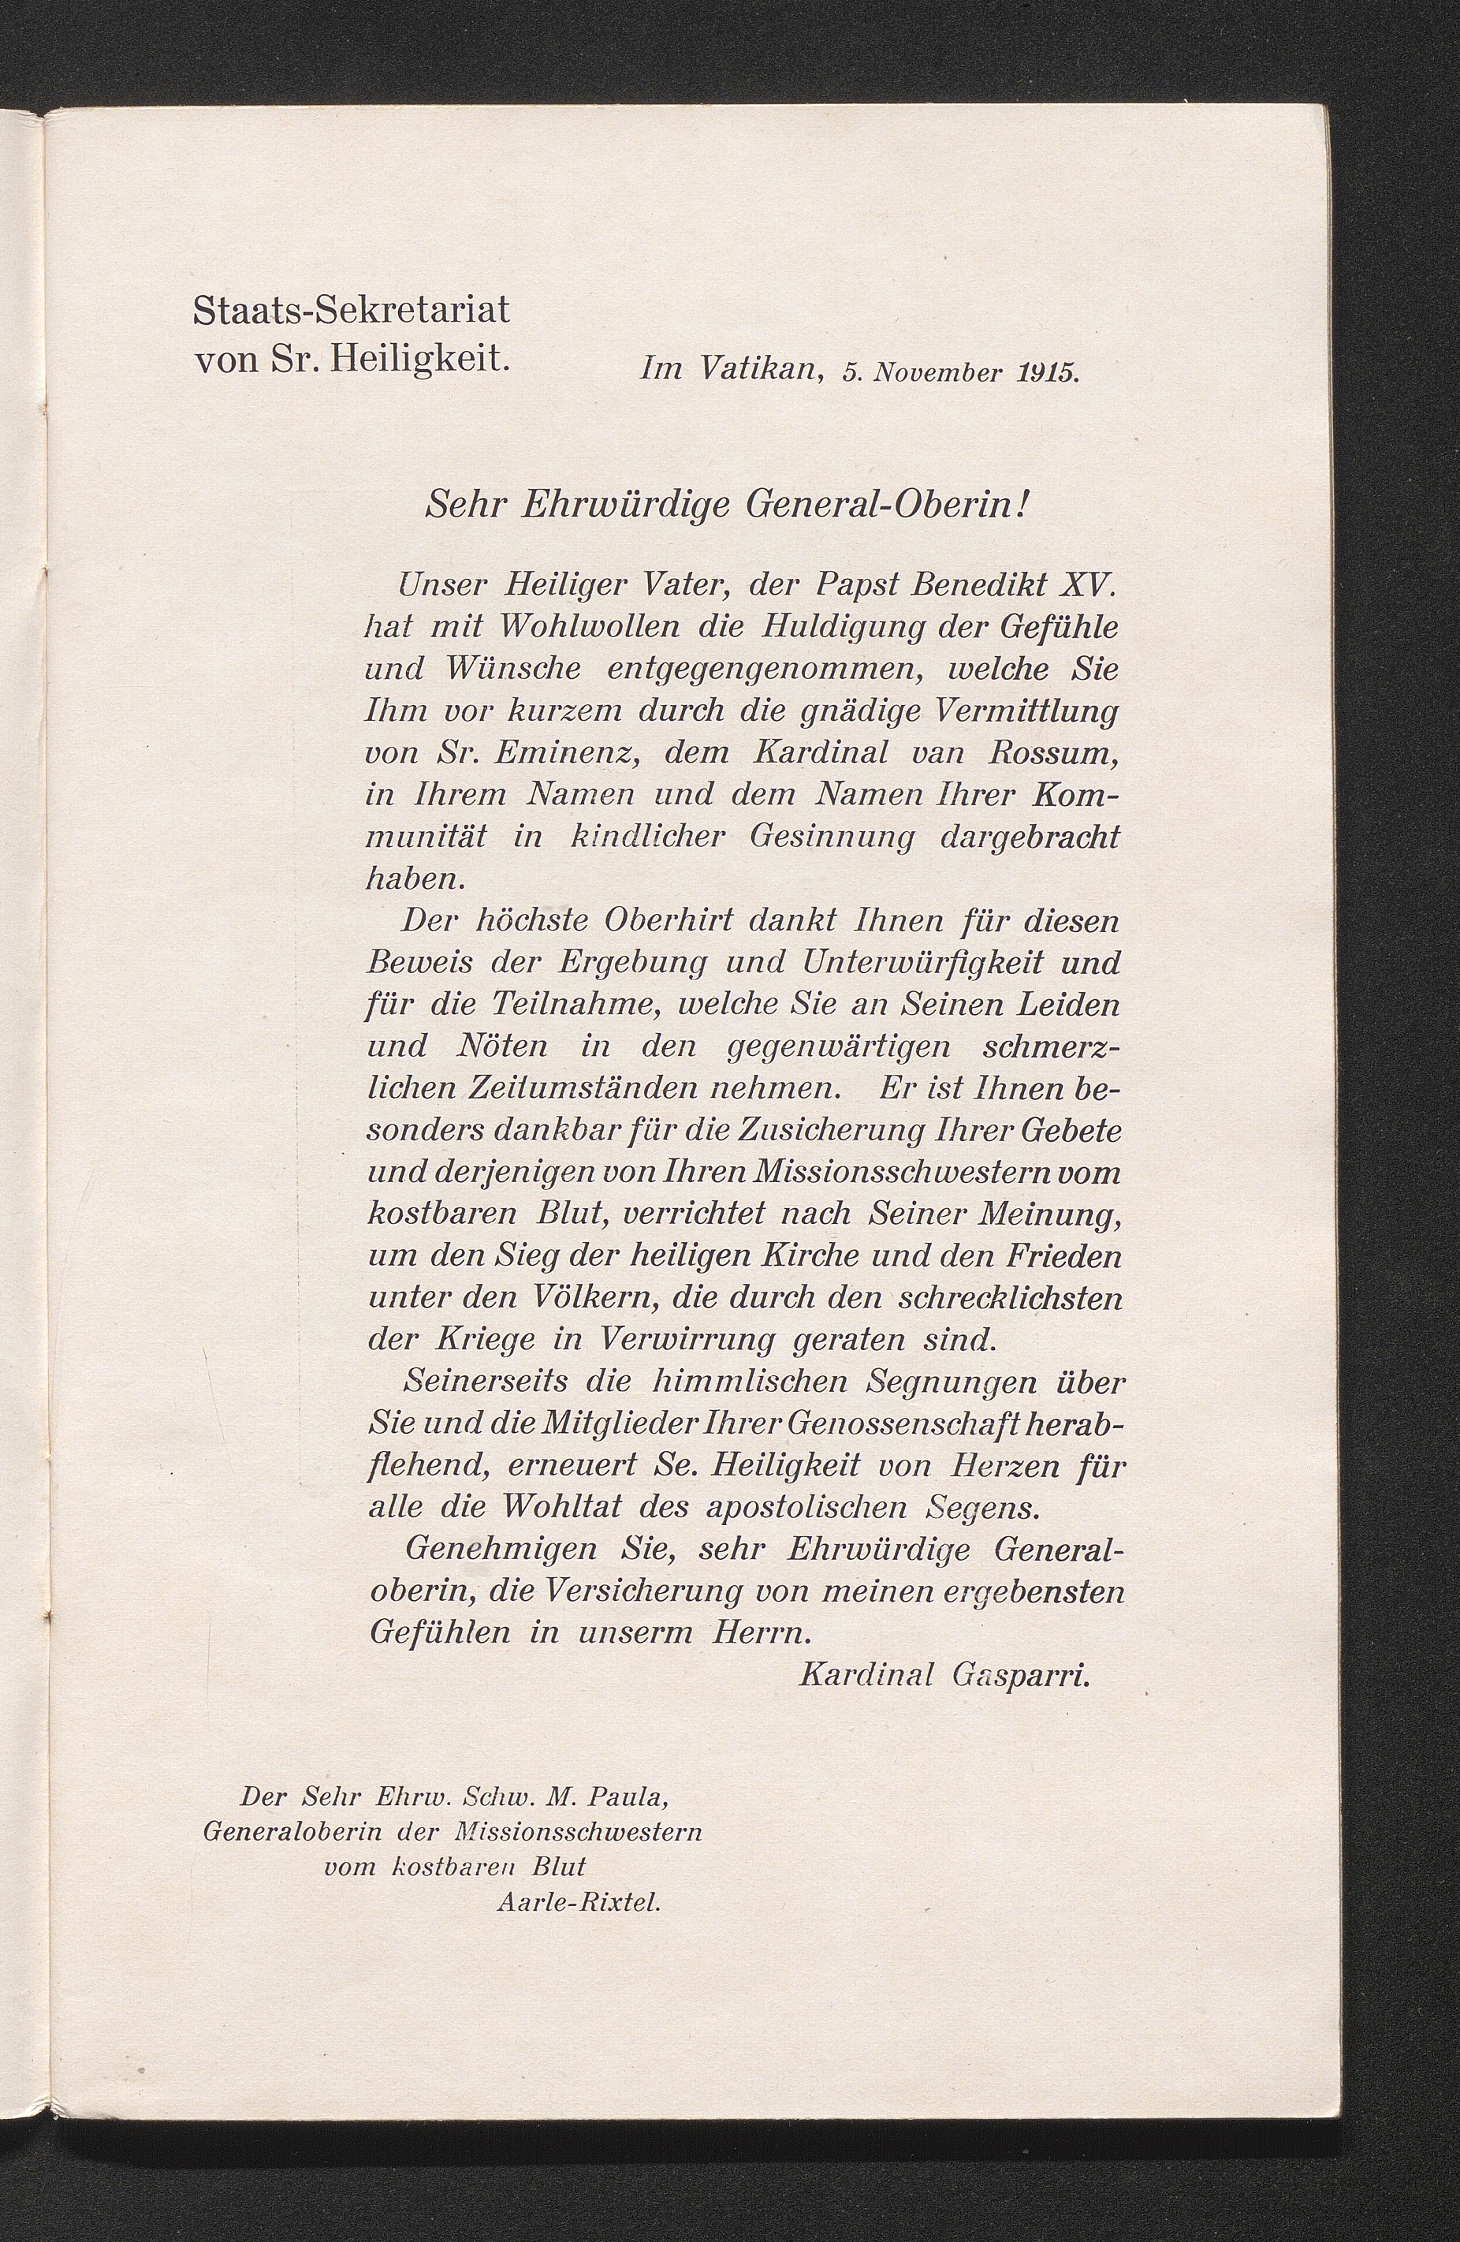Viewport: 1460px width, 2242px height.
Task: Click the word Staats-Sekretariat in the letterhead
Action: click(350, 310)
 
